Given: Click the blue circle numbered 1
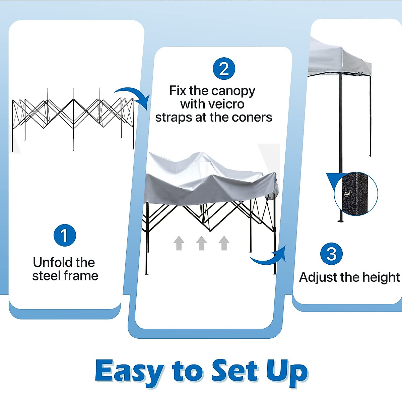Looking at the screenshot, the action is coord(65,235).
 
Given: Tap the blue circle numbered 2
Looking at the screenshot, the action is coord(224,69).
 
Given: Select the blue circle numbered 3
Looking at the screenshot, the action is coord(332,254).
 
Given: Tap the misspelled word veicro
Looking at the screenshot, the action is coord(212,104).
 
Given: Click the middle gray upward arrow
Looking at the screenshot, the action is coord(201,243).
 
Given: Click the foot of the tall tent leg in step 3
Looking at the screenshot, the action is coord(340,220).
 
